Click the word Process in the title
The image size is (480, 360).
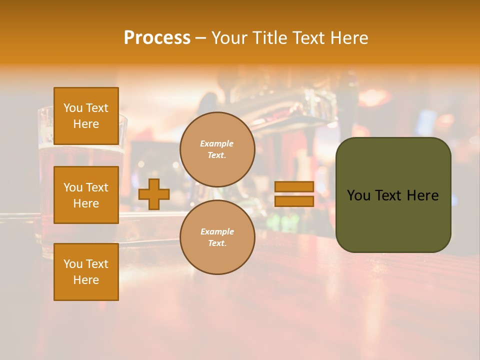[x=157, y=38]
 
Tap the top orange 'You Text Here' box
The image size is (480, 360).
[x=86, y=116]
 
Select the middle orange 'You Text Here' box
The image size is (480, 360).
[x=86, y=195]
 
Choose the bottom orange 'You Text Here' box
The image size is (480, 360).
[x=86, y=272]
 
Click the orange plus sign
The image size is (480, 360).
[x=154, y=194]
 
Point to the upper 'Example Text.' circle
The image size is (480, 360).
[x=217, y=149]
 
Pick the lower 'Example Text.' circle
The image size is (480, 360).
[x=217, y=237]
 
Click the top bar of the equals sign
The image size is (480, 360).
[x=294, y=186]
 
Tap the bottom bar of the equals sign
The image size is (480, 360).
[x=294, y=201]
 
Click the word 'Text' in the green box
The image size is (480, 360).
[x=389, y=195]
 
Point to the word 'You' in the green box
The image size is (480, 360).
[x=358, y=195]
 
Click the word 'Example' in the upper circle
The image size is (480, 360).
[x=216, y=143]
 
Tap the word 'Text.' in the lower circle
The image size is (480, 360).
[x=217, y=243]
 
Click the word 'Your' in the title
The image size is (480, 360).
[x=228, y=38]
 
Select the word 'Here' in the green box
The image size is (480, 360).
[x=422, y=195]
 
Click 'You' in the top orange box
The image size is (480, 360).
[x=73, y=108]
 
